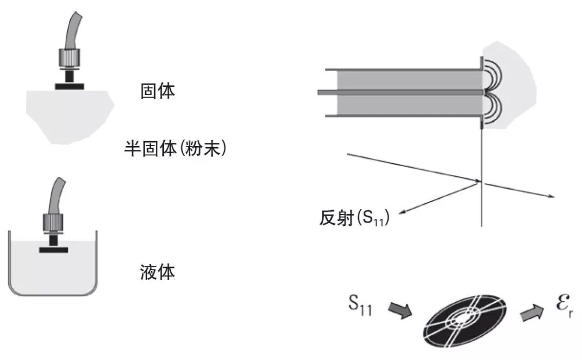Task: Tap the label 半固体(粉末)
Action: (x=175, y=148)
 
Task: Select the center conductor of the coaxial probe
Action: (x=399, y=93)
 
